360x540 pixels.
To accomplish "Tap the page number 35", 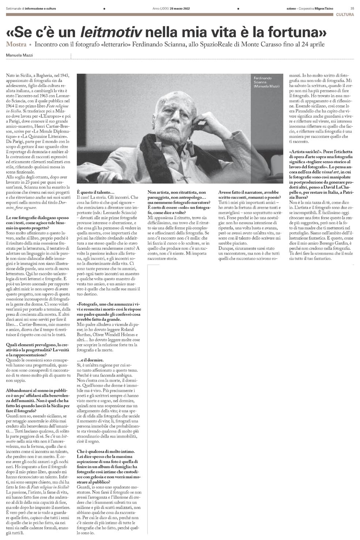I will pyautogui.click(x=352, y=8).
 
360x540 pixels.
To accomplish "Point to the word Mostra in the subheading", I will pyautogui.click(x=16, y=45).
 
